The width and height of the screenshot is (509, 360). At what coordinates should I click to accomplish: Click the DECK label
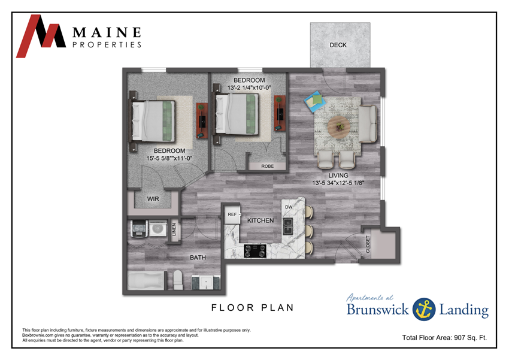click(338, 45)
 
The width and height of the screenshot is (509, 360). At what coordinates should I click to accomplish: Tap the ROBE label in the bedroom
click(267, 166)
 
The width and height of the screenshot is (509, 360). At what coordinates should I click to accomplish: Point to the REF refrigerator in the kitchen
click(232, 213)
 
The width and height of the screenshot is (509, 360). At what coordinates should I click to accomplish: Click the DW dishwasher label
click(288, 207)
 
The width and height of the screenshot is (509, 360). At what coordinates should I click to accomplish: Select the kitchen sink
click(288, 225)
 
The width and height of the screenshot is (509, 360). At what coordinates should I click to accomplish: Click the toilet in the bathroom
click(177, 279)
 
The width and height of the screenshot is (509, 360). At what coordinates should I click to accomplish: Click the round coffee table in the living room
click(340, 126)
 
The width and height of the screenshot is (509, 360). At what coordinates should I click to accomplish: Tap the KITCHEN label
click(260, 221)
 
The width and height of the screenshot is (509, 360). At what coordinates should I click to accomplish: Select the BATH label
click(198, 258)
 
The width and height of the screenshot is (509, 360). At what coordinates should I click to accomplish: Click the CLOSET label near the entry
click(368, 244)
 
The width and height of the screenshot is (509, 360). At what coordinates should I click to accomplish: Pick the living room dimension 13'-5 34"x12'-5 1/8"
click(346, 183)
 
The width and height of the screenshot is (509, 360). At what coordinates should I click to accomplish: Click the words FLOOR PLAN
click(252, 308)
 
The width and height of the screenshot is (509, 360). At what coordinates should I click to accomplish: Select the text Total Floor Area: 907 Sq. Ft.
click(444, 338)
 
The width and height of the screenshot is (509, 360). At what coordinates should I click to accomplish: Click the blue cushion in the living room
click(313, 101)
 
